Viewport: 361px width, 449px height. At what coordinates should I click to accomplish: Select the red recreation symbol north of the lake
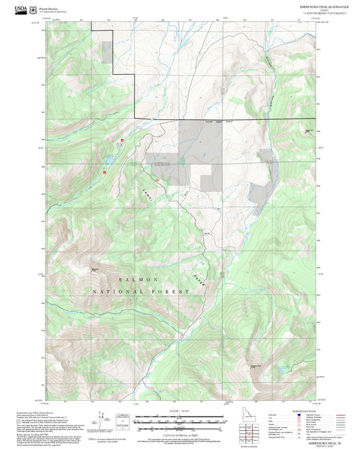[122, 140]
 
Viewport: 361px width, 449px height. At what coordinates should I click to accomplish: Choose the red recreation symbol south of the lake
[104, 172]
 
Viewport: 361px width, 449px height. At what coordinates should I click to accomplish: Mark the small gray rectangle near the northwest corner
[107, 52]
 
